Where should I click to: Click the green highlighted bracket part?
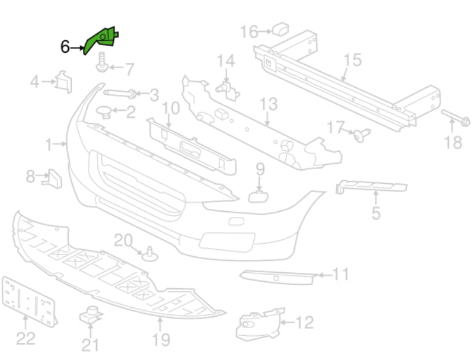102,40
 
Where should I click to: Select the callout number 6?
64,46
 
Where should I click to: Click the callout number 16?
248,31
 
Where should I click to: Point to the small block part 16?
280,28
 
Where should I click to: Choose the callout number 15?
351,60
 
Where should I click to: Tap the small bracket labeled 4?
63,82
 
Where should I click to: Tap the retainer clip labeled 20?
151,253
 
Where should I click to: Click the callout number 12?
304,323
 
